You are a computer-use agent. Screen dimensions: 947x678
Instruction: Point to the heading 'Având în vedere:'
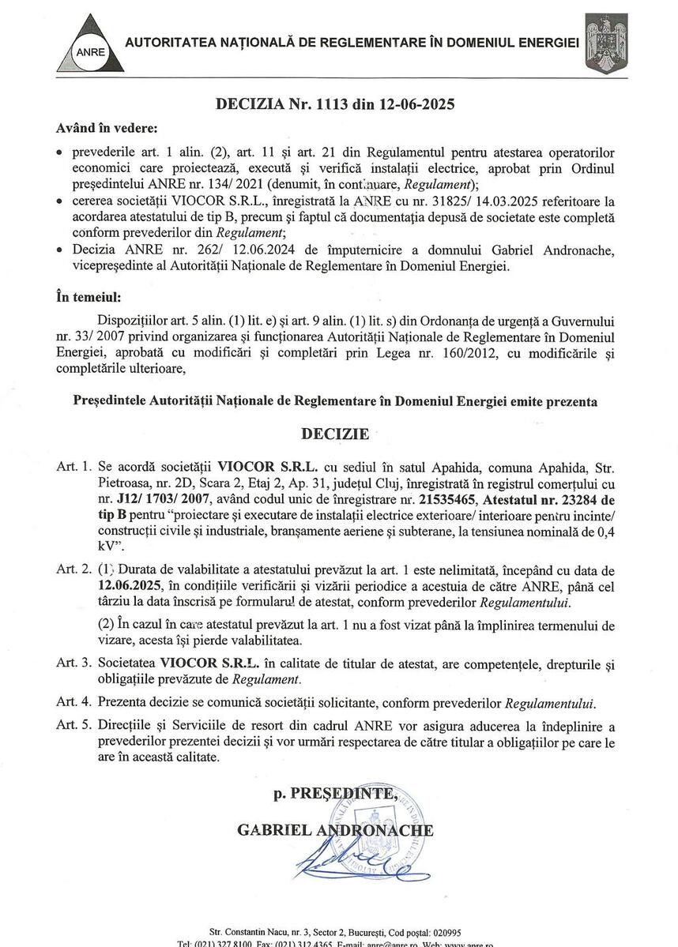(107, 127)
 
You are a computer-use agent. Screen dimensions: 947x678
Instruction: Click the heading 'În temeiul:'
(89, 299)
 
